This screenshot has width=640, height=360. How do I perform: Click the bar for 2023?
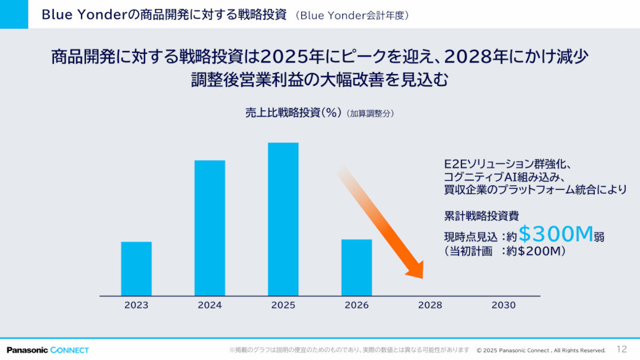point(136,269)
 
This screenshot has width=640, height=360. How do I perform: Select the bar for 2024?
point(210,228)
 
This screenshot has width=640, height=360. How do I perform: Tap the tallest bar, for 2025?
point(283,219)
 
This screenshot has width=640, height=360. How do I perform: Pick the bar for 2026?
point(357,267)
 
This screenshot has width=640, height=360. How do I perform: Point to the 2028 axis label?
point(430,305)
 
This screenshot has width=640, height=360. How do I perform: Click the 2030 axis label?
point(503,305)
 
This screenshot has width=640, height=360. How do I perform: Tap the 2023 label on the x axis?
point(137,305)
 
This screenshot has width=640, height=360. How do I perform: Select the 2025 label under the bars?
point(283,305)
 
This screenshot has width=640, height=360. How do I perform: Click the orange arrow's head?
point(417,270)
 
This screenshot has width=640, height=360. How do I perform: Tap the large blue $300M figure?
point(556,234)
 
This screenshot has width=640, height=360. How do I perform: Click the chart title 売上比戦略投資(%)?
point(293,113)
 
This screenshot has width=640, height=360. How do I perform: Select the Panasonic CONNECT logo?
point(48,350)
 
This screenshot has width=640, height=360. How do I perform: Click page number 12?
point(621,349)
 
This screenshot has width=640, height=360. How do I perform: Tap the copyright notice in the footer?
point(541,350)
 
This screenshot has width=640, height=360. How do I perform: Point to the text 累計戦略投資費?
point(482,216)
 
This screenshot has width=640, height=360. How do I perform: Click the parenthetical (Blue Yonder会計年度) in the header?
point(355,15)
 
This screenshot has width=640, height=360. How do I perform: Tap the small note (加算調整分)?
point(370,114)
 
